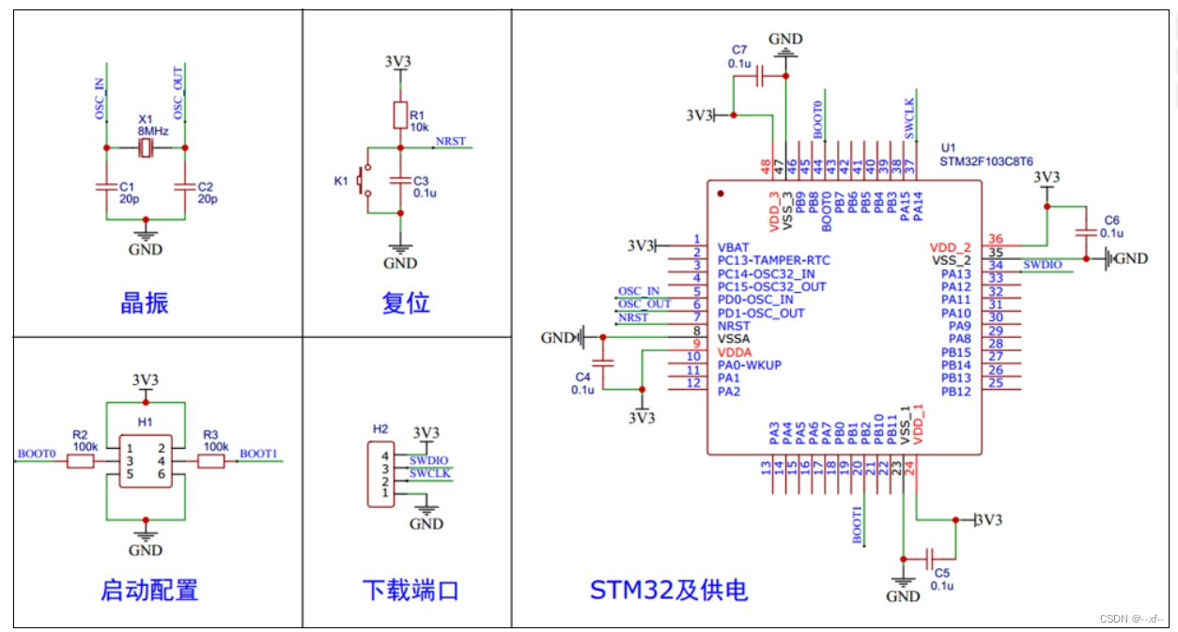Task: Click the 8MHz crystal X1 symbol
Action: click(146, 148)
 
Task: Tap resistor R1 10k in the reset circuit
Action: click(400, 116)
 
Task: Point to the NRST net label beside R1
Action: click(450, 142)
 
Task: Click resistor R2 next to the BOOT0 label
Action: click(81, 461)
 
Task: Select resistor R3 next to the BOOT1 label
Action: click(211, 461)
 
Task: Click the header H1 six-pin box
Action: click(146, 461)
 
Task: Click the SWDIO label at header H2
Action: click(428, 461)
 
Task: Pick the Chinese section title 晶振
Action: click(145, 303)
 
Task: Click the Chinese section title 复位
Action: click(406, 303)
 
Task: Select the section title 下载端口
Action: click(411, 591)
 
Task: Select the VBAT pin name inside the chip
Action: click(734, 247)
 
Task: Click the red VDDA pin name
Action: click(736, 351)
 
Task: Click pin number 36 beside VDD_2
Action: click(996, 239)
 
